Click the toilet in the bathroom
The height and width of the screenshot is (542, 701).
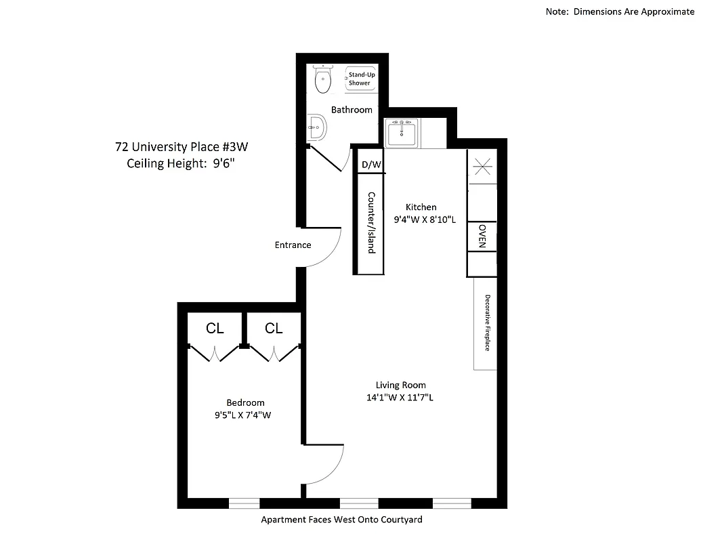point(324,80)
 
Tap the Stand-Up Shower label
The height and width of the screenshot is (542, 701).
point(360,79)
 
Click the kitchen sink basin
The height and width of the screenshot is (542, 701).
point(402,133)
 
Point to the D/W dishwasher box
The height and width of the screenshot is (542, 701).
point(372,165)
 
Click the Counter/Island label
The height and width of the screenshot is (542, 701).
point(370,222)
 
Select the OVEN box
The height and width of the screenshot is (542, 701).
point(482,236)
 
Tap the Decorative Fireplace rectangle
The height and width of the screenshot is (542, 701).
point(486,322)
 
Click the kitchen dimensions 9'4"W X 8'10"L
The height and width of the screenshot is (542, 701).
point(425,220)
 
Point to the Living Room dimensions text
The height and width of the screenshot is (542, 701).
point(400,398)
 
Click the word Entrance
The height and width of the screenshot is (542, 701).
point(293,245)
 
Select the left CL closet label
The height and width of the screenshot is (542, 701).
point(215,329)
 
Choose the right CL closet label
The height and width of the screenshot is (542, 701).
point(274,329)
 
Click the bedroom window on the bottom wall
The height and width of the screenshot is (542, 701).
point(244,503)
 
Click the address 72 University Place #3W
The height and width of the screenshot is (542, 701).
point(186,146)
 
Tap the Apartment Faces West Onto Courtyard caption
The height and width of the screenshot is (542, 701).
point(341,520)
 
